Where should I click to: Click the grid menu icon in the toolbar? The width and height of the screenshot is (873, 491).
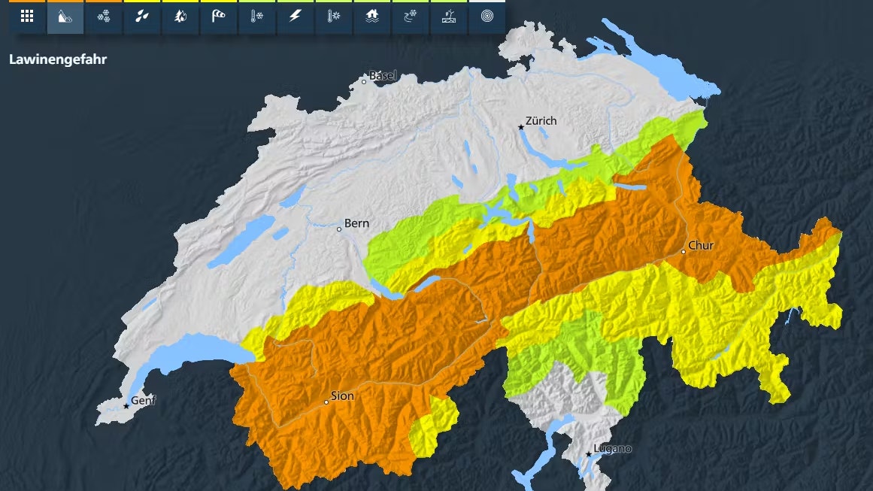click(27, 17)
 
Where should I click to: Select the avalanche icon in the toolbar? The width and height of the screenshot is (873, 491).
click(65, 17)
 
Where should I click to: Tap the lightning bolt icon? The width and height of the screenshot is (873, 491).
click(296, 17)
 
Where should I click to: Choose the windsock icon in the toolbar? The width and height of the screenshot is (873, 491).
click(219, 17)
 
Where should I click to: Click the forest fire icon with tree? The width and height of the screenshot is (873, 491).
click(180, 17)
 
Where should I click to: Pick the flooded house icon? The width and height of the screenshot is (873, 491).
click(372, 17)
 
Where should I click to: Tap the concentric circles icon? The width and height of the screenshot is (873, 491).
click(487, 17)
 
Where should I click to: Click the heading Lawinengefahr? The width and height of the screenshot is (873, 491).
click(58, 59)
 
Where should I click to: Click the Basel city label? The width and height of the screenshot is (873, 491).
click(383, 76)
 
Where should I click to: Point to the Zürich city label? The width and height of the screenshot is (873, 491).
click(541, 120)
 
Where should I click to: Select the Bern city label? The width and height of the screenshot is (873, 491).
click(356, 224)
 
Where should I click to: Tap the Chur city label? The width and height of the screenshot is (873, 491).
click(701, 246)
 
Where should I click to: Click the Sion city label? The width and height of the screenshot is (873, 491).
click(342, 396)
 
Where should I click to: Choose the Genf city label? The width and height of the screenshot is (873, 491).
click(144, 401)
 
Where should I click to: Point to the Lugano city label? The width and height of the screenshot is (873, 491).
click(613, 449)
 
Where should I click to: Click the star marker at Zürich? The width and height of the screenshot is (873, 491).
click(520, 127)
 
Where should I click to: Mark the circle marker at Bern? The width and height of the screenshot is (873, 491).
click(339, 229)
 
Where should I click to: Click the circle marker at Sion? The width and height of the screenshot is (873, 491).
click(326, 402)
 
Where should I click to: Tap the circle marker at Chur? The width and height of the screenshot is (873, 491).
click(683, 251)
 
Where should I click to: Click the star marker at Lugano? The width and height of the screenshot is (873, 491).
click(589, 454)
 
